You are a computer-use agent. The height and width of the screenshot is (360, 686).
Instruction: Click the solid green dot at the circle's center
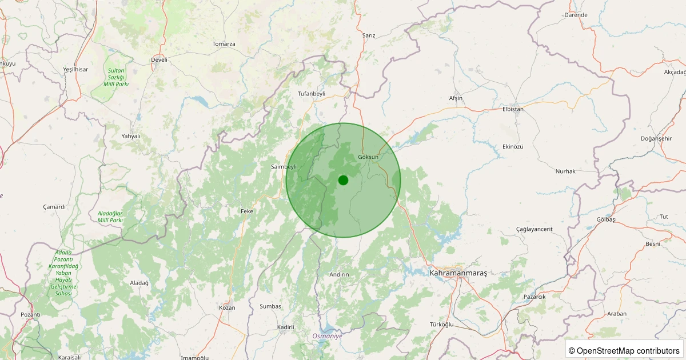pyautogui.click(x=343, y=180)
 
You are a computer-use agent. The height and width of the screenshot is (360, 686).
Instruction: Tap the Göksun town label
pyautogui.click(x=368, y=157)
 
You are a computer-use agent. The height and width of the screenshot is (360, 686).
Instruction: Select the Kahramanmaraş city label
pyautogui.click(x=458, y=274)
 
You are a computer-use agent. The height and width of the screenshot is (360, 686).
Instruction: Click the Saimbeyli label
pyautogui.click(x=284, y=166)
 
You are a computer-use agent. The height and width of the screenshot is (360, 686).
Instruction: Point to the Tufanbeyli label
pyautogui.click(x=312, y=93)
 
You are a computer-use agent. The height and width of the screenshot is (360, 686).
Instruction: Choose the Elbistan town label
pyautogui.click(x=513, y=109)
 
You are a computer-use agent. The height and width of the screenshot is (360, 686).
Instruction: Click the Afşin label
pyautogui.click(x=456, y=98)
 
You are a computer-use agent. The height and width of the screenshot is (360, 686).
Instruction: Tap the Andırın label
pyautogui.click(x=340, y=274)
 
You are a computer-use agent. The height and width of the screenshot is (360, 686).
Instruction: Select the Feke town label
pyautogui.click(x=247, y=211)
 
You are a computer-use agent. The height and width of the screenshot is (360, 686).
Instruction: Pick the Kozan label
pyautogui.click(x=227, y=307)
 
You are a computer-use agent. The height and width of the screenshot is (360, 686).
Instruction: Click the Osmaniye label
pyautogui.click(x=327, y=337)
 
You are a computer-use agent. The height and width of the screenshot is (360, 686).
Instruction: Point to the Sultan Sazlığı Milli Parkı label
pyautogui.click(x=116, y=77)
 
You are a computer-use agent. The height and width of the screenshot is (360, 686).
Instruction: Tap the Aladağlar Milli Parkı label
pyautogui.click(x=110, y=217)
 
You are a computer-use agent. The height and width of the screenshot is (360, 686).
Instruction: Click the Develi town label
pyautogui.click(x=159, y=59)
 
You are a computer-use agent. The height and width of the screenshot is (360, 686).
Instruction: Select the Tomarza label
pyautogui.click(x=224, y=44)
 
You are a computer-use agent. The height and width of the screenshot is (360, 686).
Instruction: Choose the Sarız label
pyautogui.click(x=369, y=35)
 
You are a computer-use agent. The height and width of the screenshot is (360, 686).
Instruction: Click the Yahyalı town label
pyautogui.click(x=131, y=136)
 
